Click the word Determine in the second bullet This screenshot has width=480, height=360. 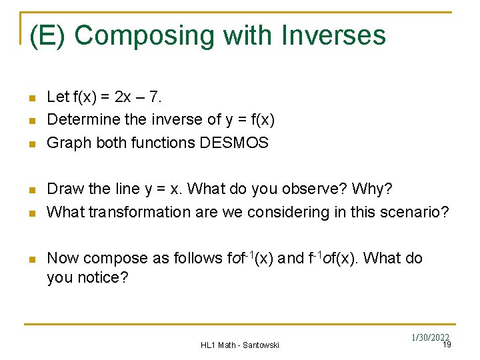pyautogui.click(x=79, y=119)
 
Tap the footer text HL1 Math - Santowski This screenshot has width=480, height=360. pyautogui.click(x=240, y=345)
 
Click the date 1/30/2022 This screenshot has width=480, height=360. pyautogui.click(x=431, y=338)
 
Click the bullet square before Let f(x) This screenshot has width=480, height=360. pyautogui.click(x=31, y=98)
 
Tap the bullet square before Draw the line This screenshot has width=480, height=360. pyautogui.click(x=31, y=190)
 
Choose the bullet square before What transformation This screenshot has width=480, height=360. pyautogui.click(x=31, y=213)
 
